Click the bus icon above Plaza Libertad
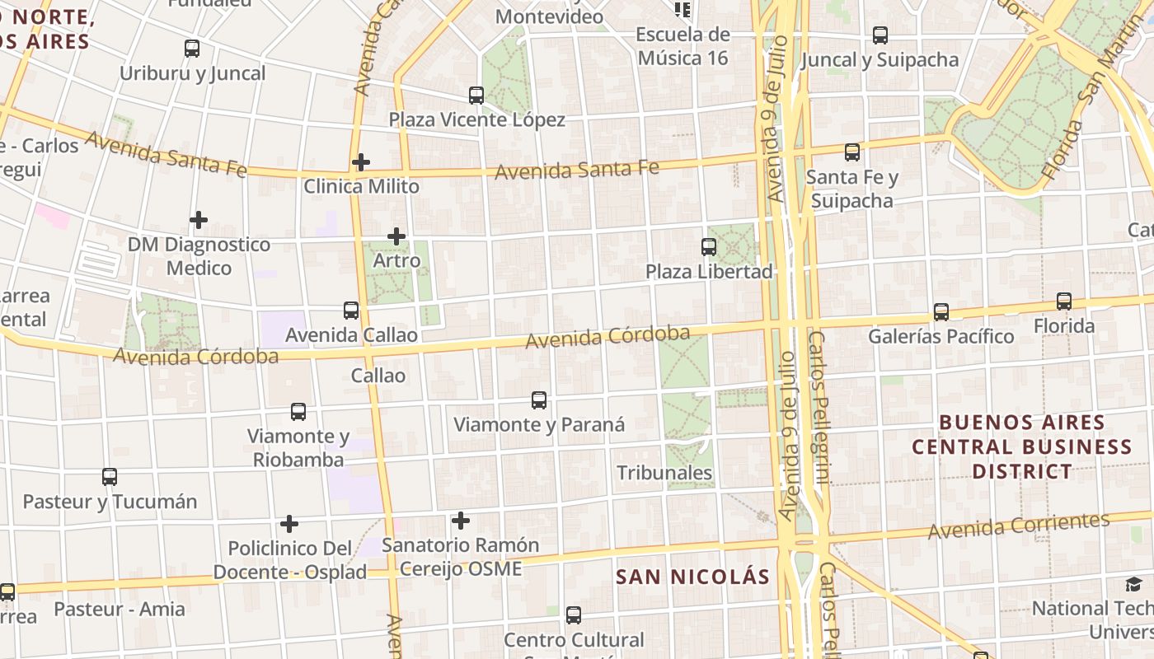point(708,246)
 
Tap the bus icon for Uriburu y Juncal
point(192,49)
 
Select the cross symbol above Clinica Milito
point(360,162)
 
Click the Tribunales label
point(664,473)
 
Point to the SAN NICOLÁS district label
point(692,577)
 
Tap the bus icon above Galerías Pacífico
point(941,312)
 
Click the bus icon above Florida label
point(1064,301)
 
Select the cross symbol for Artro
point(396,237)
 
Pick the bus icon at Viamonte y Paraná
point(539,400)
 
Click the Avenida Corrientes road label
point(1019,526)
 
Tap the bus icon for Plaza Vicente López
point(476,96)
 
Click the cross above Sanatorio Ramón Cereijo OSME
point(461,521)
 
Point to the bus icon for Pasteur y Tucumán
point(110,477)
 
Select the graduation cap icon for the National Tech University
point(1134,585)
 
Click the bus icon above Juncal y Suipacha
point(880,35)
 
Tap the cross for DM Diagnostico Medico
point(199,220)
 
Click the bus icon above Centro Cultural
point(574,615)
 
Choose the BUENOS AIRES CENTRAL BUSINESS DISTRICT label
point(1021,446)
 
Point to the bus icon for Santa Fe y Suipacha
point(852,152)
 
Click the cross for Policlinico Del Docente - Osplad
point(289,524)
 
